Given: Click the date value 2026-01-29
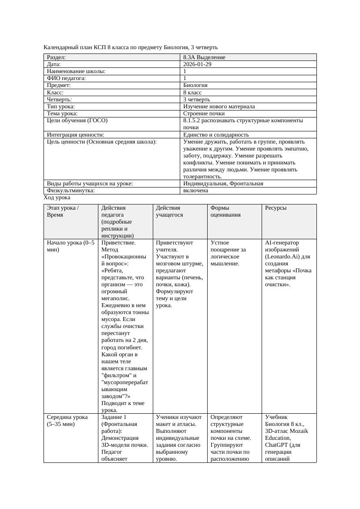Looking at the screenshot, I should pyautogui.click(x=198, y=64).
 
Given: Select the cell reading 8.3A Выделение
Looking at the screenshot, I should pyautogui.click(x=204, y=57).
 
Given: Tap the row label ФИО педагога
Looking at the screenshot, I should pyautogui.click(x=66, y=78).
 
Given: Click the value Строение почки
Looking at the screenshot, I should pyautogui.click(x=204, y=114).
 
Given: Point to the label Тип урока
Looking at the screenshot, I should pyautogui.click(x=61, y=107).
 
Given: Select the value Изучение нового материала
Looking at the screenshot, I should pyautogui.click(x=219, y=107).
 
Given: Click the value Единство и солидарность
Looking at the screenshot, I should pyautogui.click(x=216, y=135).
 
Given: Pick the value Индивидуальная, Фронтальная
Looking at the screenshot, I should pyautogui.click(x=223, y=184).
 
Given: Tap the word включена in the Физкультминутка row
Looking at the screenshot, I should pyautogui.click(x=195, y=191).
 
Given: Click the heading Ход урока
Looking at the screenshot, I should pyautogui.click(x=57, y=198).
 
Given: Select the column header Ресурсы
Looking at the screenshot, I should pyautogui.click(x=276, y=208).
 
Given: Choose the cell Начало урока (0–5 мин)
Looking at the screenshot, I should pyautogui.click(x=70, y=246).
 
